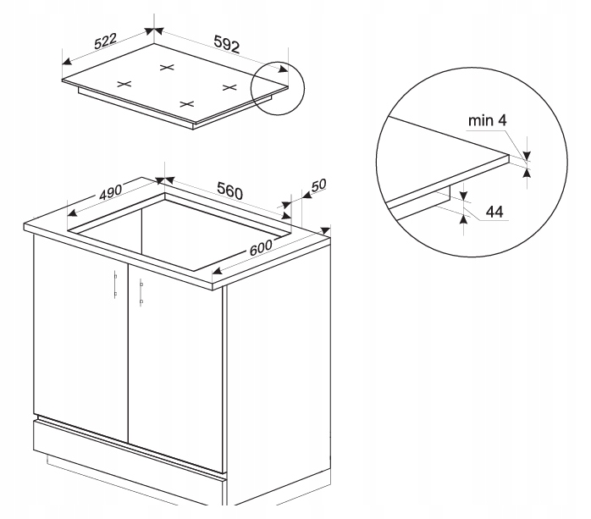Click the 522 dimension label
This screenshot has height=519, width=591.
[x=106, y=41]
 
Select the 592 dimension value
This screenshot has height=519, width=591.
[x=227, y=44]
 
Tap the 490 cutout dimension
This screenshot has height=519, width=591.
[x=110, y=192]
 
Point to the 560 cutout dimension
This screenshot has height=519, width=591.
[x=230, y=190]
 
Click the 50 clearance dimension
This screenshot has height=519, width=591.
[x=318, y=185]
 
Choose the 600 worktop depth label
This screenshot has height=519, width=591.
[x=261, y=247]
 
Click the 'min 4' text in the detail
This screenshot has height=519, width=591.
[x=488, y=120]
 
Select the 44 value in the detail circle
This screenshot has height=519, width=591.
[x=494, y=212]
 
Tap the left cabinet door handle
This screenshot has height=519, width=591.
[x=115, y=284]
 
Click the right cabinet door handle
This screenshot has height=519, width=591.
[x=141, y=292]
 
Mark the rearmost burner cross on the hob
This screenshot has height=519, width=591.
[x=167, y=68]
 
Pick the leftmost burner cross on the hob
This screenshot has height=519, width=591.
[x=124, y=84]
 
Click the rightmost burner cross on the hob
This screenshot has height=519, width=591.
[x=229, y=87]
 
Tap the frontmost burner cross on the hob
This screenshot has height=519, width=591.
[x=186, y=103]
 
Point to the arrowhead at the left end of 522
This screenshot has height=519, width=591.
[x=67, y=61]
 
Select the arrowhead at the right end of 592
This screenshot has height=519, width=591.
[x=283, y=69]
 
